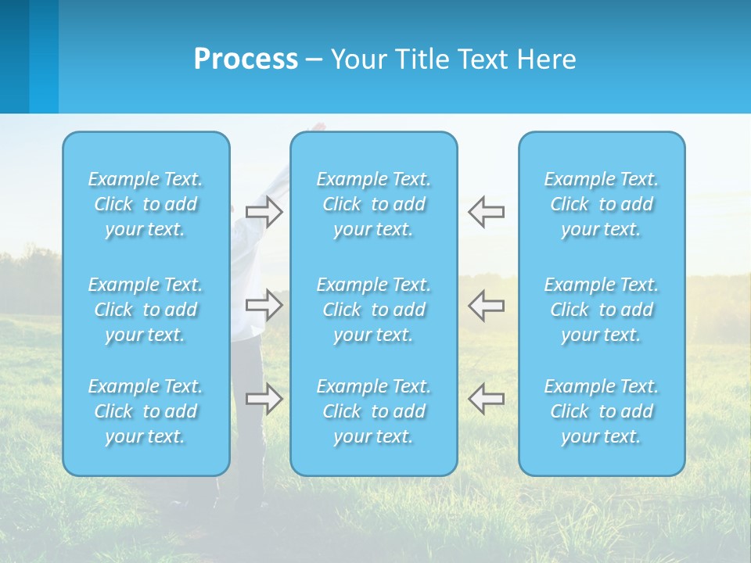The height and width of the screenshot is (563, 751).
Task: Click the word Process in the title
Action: click(x=246, y=59)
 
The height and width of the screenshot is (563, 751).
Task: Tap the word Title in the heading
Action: click(x=421, y=59)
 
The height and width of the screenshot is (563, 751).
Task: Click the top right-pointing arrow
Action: click(x=264, y=211)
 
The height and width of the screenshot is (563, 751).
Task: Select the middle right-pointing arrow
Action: click(x=264, y=304)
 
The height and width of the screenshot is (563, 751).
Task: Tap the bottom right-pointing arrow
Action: click(x=264, y=398)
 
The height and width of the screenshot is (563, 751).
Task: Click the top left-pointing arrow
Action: click(x=486, y=211)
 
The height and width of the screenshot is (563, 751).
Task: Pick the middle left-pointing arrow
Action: click(x=486, y=304)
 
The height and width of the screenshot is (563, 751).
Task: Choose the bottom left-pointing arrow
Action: click(x=486, y=398)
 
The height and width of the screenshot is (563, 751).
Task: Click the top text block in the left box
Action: click(x=146, y=204)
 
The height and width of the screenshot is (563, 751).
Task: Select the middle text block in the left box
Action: click(x=146, y=310)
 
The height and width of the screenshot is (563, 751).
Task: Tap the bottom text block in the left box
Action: click(x=146, y=411)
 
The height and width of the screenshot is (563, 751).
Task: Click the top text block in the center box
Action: click(x=373, y=204)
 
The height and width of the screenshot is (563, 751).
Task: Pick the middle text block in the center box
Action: click(x=373, y=310)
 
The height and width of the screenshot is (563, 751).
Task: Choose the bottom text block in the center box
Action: click(x=373, y=411)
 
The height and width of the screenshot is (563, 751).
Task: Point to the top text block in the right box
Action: click(x=601, y=204)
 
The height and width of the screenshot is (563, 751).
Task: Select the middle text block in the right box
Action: click(x=601, y=310)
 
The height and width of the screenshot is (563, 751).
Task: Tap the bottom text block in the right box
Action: click(x=601, y=411)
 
